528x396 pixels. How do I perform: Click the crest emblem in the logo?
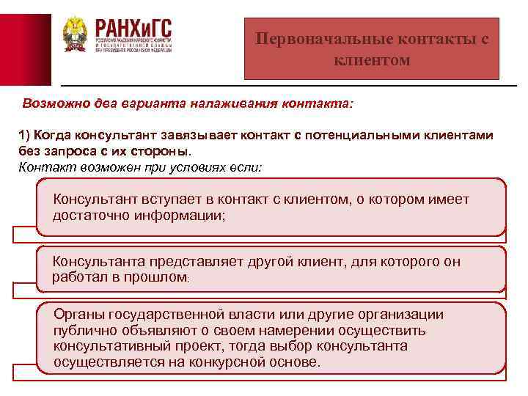(74, 34)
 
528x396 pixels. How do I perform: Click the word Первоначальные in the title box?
(314, 39)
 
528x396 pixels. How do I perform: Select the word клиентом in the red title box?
(372, 60)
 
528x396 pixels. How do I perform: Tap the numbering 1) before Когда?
(24, 136)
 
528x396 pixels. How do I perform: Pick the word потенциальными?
(359, 136)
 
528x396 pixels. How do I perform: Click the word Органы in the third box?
(78, 314)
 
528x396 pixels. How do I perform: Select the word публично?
(84, 330)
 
